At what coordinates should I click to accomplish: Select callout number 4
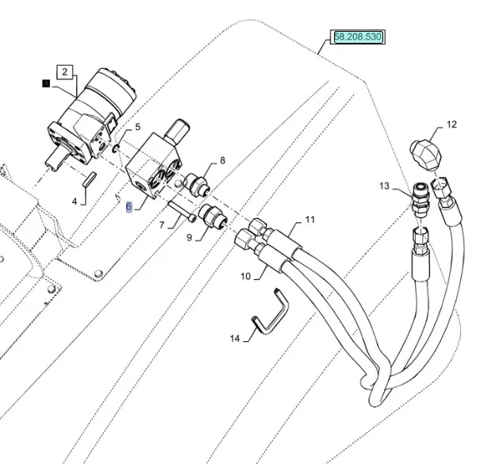coord(75,201)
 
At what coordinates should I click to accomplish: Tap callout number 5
coord(137,127)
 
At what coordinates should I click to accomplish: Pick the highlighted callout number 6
coord(129,207)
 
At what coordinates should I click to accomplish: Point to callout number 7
coord(163,225)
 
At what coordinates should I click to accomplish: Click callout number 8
coord(222,161)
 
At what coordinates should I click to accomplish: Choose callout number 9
coord(189,236)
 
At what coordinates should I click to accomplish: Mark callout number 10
coord(245,277)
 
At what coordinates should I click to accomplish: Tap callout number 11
coord(310,219)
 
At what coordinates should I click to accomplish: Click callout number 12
coord(451,125)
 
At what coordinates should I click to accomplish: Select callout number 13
coord(384,186)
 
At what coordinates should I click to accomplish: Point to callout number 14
coord(235,339)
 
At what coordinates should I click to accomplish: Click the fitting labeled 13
coord(420,203)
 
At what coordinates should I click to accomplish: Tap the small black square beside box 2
coord(46,82)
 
